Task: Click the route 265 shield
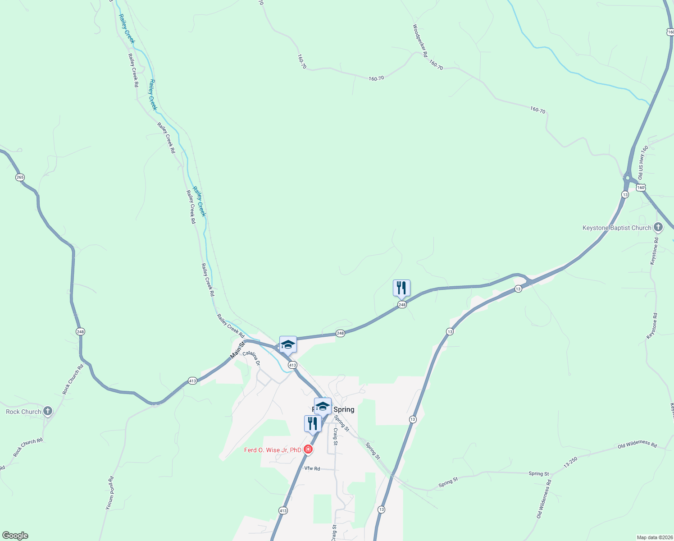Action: coord(20,177)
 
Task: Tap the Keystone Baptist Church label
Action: coord(617,228)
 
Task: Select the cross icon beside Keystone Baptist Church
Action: coord(658,227)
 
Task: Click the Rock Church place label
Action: coord(23,412)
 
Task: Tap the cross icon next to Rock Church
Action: coord(48,411)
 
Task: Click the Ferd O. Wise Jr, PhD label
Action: coord(273,450)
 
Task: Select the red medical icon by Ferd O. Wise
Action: coord(308,449)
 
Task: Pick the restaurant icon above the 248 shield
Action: coord(401,288)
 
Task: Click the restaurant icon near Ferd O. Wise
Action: coord(313,424)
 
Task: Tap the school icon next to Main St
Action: coord(288,345)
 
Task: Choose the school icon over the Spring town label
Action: coord(323,406)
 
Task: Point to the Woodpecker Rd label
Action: coord(420,41)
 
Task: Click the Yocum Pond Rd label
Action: coord(110,493)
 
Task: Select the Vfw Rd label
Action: coord(312,468)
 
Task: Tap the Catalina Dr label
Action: coord(251,358)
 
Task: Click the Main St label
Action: coord(237,350)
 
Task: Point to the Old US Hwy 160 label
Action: coord(642,163)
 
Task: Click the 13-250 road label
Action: coord(570,462)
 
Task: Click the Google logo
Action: coord(15,536)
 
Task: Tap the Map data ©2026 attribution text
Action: coord(654,537)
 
